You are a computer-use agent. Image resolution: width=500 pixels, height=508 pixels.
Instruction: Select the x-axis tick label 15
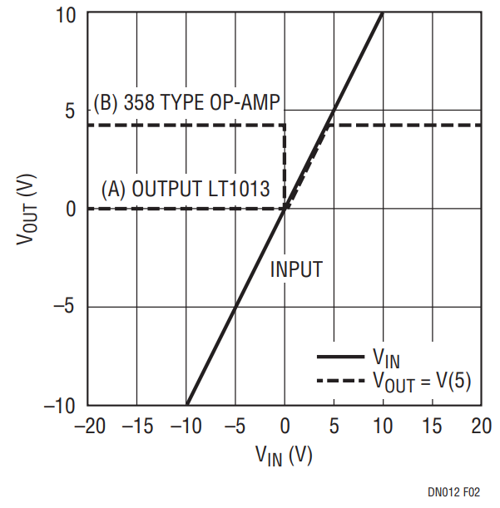pos(433,426)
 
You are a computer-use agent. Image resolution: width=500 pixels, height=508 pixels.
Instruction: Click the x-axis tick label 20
pos(482,426)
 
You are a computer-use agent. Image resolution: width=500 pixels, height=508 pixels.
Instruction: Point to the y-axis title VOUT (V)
pos(27,209)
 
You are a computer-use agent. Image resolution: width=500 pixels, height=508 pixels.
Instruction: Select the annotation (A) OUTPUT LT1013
pos(186,189)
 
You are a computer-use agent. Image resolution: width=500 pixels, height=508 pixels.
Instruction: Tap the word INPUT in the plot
pos(296,269)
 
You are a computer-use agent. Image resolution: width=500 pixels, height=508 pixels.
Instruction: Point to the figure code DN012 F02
pos(454,492)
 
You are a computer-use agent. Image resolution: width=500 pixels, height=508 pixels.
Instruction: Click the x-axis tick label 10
pos(383,426)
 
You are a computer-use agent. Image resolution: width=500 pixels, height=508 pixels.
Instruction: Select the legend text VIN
pos(386,358)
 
